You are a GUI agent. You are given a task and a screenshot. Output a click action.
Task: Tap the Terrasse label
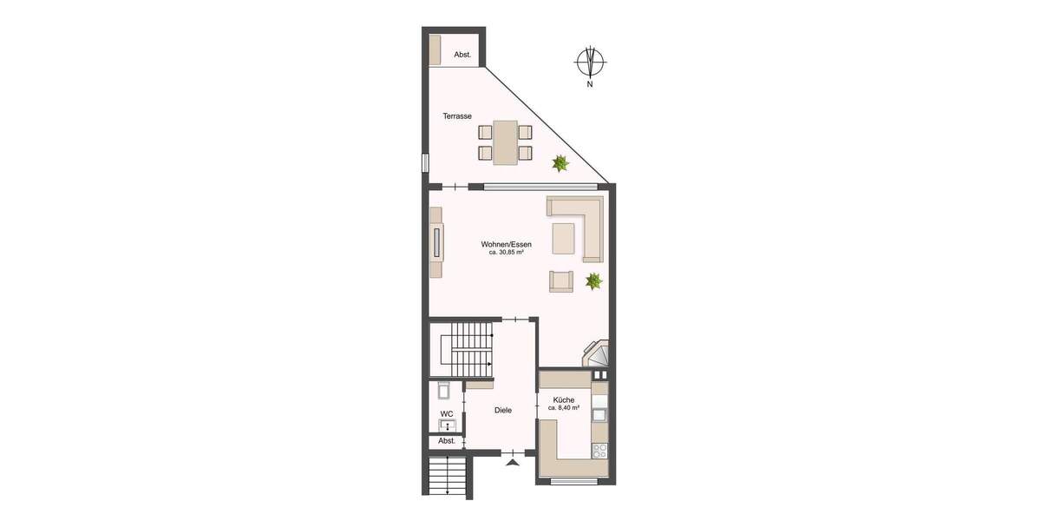(x=456, y=115)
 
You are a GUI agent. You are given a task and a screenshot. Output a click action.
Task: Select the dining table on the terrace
(x=505, y=142)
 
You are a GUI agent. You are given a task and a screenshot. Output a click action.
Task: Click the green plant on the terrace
(x=560, y=162)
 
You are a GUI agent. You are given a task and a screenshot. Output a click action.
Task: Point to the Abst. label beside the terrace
(x=462, y=55)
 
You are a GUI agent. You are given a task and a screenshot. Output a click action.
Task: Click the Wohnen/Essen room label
(x=506, y=245)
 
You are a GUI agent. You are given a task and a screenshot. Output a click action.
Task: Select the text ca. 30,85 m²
(x=506, y=254)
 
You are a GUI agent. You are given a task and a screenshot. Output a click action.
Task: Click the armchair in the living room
(x=560, y=281)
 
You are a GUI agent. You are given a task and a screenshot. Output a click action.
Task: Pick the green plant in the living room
(x=594, y=280)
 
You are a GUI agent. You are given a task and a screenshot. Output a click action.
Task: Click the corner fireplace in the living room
(x=598, y=354)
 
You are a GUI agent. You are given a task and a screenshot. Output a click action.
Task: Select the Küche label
(x=562, y=399)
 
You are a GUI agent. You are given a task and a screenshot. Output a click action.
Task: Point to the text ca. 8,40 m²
(x=563, y=407)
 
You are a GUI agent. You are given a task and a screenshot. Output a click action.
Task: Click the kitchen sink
(x=599, y=414)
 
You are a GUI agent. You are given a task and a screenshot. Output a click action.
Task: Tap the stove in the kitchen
(x=599, y=450)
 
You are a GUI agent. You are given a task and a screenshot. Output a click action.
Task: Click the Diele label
(x=502, y=410)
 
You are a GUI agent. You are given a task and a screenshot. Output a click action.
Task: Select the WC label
(x=446, y=413)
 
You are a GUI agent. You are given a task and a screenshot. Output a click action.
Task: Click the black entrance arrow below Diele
(x=513, y=463)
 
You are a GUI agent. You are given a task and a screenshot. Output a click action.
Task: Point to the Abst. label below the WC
(x=446, y=441)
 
